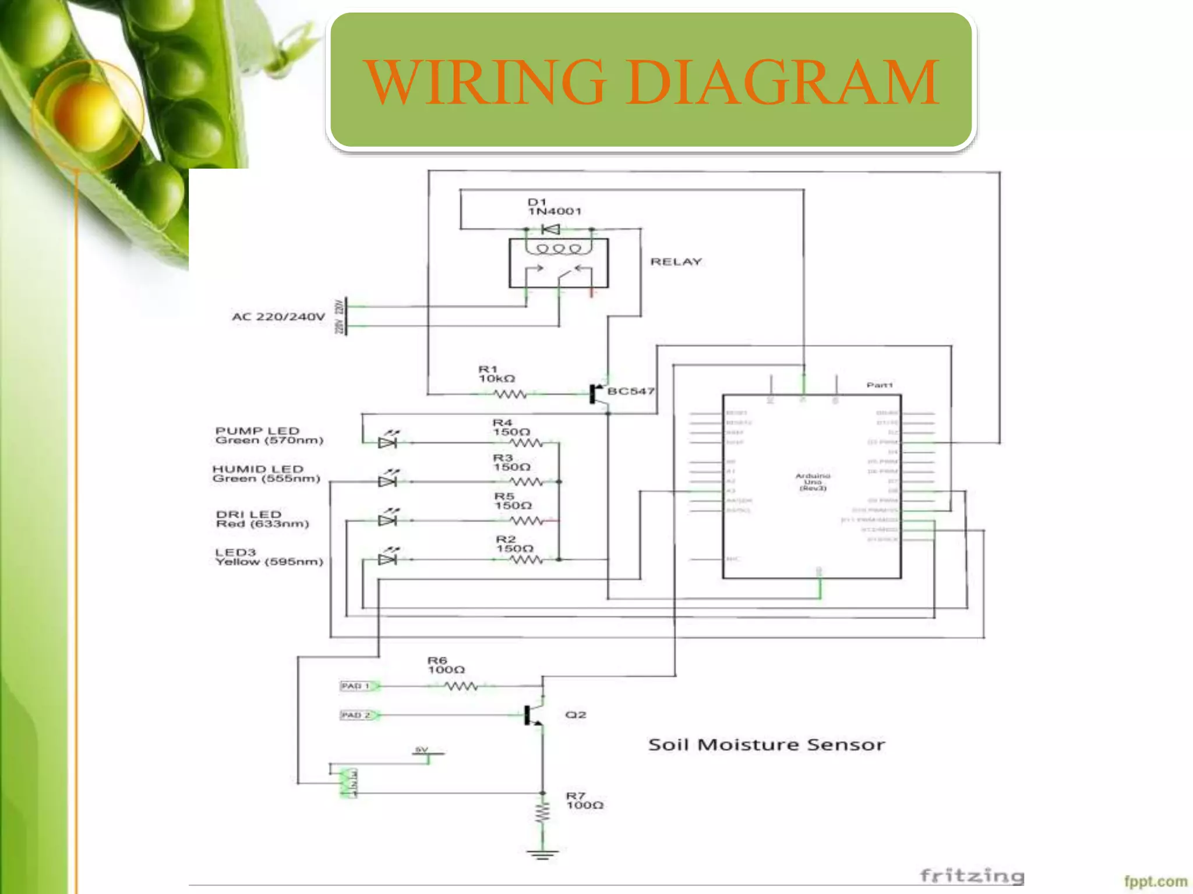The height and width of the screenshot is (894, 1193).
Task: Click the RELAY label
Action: pos(676,262)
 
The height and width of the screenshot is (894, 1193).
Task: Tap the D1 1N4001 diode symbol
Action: pos(550,229)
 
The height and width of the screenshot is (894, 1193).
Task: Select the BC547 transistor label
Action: pos(631,391)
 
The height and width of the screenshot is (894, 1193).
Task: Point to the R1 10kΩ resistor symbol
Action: pos(510,395)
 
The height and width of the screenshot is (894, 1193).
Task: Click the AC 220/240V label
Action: pos(278,317)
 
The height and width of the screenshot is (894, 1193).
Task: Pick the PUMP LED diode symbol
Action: pos(387,442)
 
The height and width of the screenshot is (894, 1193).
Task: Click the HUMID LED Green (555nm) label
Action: pos(266,474)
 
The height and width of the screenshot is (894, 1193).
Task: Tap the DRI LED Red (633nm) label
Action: pos(262,519)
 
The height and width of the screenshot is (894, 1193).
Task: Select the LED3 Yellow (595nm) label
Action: pos(269,557)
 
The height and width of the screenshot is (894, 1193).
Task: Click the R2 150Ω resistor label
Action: pos(514,544)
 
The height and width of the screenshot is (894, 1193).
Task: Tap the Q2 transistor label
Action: pos(576,715)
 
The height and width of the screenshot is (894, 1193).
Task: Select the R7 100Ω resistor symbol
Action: pos(543,813)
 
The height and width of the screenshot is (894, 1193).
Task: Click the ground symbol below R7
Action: pos(543,854)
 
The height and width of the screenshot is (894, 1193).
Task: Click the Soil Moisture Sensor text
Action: pos(766,745)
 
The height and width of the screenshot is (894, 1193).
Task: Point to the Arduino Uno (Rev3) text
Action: pos(813,482)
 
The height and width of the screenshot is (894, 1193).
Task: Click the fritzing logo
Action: pos(972,875)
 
